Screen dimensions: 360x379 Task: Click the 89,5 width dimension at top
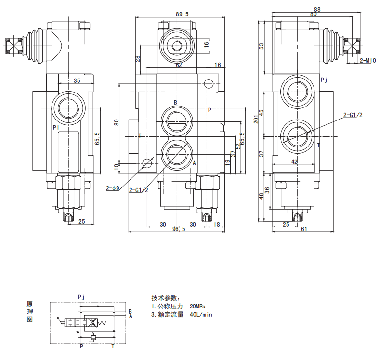tap(182, 14)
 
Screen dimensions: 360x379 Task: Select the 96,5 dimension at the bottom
tap(179, 229)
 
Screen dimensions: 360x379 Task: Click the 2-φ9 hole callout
tap(112, 188)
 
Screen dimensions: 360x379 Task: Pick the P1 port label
tap(56, 127)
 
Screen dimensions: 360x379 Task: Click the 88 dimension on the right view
tap(317, 9)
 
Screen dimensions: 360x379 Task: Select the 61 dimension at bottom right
tap(304, 229)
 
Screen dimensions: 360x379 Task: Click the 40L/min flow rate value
tap(201, 315)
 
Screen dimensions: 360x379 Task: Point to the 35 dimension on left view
tap(77, 80)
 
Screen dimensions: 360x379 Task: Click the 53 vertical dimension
tap(261, 46)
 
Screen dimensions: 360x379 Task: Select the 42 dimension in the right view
tap(294, 162)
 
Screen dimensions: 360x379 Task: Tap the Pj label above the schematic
tap(81, 297)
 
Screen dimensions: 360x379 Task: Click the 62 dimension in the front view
tap(178, 65)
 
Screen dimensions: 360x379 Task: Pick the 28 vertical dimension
tap(138, 58)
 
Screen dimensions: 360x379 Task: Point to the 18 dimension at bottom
tap(216, 225)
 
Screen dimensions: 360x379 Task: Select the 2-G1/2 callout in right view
tap(353, 115)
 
